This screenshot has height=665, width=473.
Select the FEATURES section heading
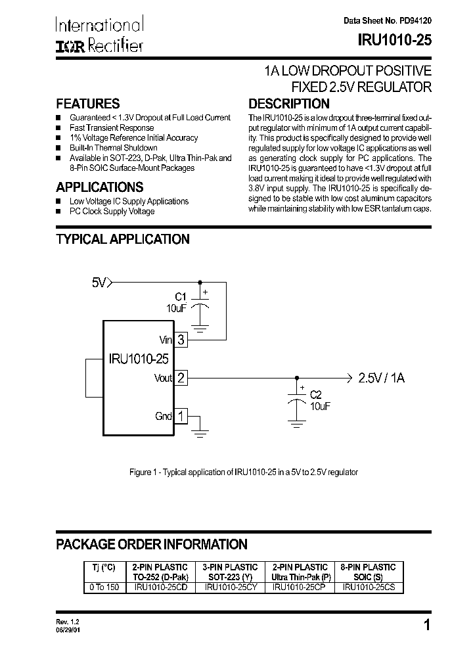(x=88, y=104)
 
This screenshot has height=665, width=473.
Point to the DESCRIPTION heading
(x=288, y=104)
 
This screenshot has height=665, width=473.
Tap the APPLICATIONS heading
(x=100, y=187)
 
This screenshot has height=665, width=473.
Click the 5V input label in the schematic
(x=99, y=283)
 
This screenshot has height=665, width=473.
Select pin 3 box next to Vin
(x=181, y=340)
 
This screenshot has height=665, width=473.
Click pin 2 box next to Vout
(x=181, y=378)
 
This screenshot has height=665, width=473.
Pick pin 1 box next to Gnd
(x=181, y=416)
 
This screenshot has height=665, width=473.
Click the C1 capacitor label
(x=182, y=296)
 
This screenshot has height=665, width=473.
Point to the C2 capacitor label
(x=316, y=394)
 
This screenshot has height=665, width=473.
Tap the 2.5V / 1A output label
(x=381, y=378)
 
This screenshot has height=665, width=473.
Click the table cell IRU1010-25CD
(x=161, y=587)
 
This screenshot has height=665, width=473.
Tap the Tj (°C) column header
(x=103, y=567)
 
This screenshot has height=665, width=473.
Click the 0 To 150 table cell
(x=103, y=587)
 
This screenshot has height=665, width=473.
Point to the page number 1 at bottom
(x=427, y=626)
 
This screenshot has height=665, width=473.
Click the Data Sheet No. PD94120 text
(x=388, y=21)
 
